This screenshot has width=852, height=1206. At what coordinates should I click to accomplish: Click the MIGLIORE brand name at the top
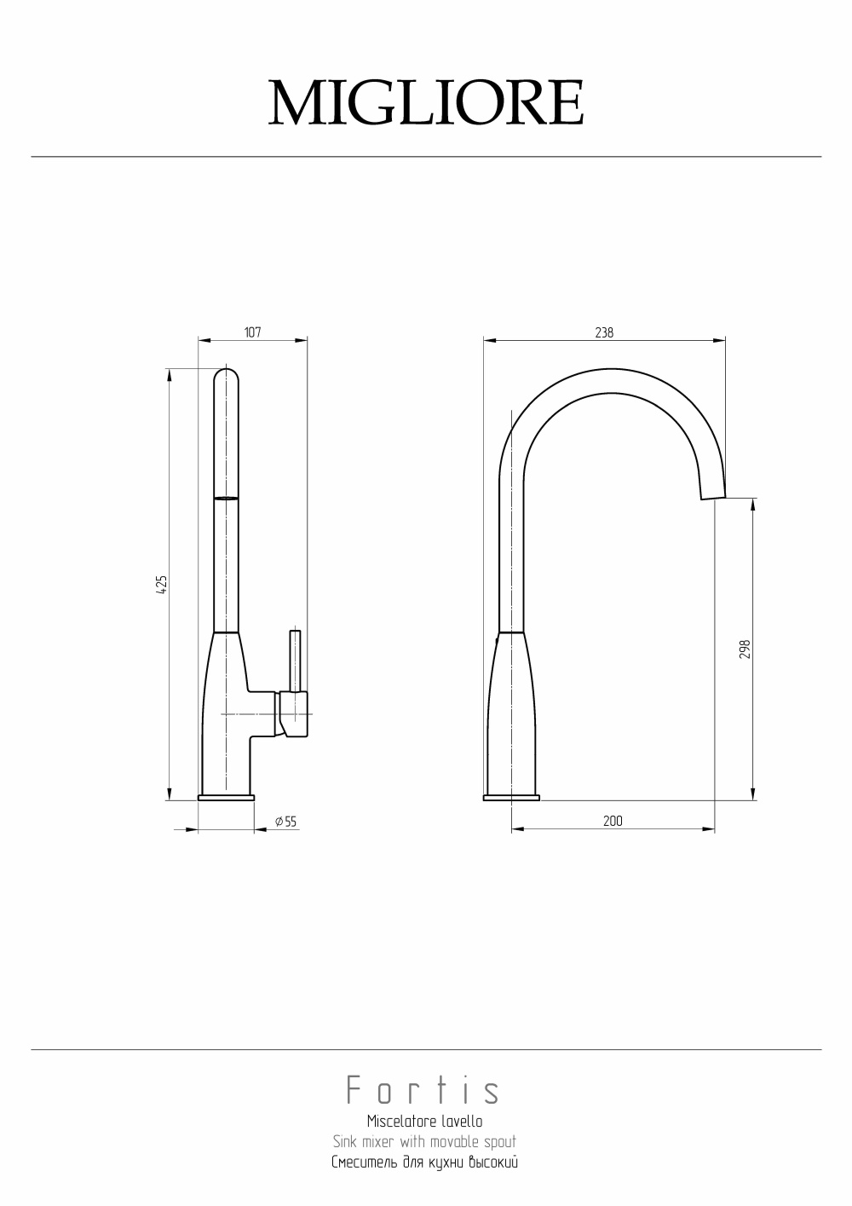426,103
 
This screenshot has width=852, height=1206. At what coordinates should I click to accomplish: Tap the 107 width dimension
252,332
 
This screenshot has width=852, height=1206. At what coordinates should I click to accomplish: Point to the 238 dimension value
604,332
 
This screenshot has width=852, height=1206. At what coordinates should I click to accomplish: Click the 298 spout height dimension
744,649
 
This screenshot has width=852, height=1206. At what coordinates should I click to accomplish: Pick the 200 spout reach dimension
613,821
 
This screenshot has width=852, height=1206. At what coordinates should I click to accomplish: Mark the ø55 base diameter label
285,822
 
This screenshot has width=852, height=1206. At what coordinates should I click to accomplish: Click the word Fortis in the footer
423,1091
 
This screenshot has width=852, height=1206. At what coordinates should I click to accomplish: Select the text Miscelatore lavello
424,1122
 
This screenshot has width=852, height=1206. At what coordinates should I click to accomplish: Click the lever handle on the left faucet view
295,661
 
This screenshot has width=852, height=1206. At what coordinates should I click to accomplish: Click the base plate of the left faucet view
226,798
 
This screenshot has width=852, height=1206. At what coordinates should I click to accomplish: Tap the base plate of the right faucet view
511,798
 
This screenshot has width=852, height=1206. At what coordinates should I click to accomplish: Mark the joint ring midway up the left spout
226,498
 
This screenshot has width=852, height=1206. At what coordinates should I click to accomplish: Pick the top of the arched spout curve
613,382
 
